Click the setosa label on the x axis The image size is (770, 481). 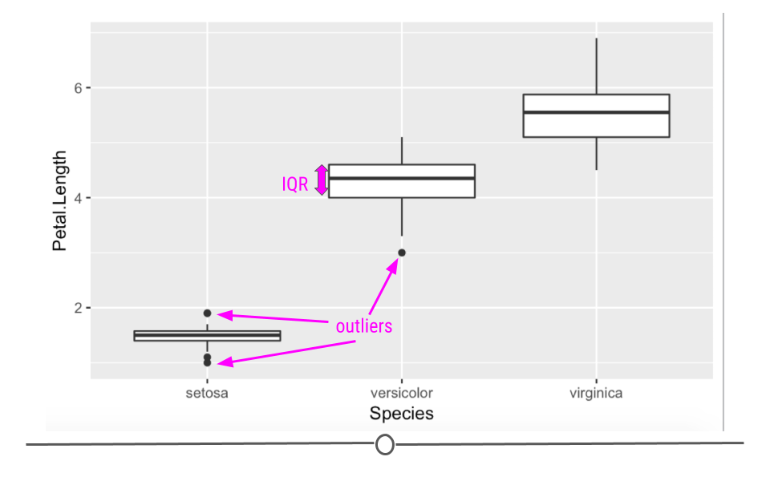point(207,393)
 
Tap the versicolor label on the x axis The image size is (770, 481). point(402,393)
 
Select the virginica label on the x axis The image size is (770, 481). point(596,393)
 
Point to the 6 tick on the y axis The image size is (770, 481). point(78,88)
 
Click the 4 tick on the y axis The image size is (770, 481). point(78,198)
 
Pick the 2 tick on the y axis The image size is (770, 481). point(78,308)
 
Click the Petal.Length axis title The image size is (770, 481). point(59,200)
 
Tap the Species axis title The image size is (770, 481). point(402,414)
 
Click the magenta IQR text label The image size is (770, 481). point(294,184)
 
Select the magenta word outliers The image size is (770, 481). point(364,326)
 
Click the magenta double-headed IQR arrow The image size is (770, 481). point(321,180)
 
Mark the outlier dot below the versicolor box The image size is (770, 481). point(402,253)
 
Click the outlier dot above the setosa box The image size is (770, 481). point(207,313)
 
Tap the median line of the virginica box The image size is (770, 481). point(596,112)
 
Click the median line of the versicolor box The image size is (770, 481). point(402,178)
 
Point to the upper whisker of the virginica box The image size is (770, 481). point(596,67)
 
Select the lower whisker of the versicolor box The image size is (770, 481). point(402,217)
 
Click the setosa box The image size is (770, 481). point(207,336)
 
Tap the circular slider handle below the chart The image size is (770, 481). point(384,444)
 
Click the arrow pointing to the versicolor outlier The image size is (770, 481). point(383,287)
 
